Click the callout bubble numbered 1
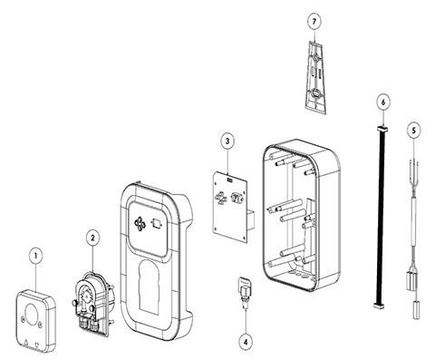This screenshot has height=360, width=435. pyautogui.click(x=36, y=256)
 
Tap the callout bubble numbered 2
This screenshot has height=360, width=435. pyautogui.click(x=92, y=238)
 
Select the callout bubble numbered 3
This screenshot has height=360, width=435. pyautogui.click(x=227, y=141)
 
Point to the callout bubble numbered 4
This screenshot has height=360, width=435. pyautogui.click(x=246, y=342)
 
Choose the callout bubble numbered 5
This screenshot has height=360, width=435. pyautogui.click(x=413, y=130)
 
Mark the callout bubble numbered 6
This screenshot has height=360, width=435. pyautogui.click(x=383, y=102)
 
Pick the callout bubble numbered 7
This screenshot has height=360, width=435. pyautogui.click(x=314, y=22)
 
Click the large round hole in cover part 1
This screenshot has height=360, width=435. pyautogui.click(x=32, y=314)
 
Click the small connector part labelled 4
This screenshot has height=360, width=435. pyautogui.click(x=244, y=293)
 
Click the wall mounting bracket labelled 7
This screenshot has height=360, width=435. pyautogui.click(x=314, y=77)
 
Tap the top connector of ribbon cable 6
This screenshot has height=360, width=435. pyautogui.click(x=382, y=129)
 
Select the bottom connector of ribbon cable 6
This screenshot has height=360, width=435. pyautogui.click(x=378, y=306)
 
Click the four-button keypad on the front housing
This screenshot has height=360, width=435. pyautogui.click(x=140, y=223)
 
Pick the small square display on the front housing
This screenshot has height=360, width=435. pyautogui.click(x=157, y=224)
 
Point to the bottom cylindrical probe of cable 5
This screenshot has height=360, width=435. pyautogui.click(x=416, y=309)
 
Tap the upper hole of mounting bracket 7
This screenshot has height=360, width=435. pyautogui.click(x=315, y=57)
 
